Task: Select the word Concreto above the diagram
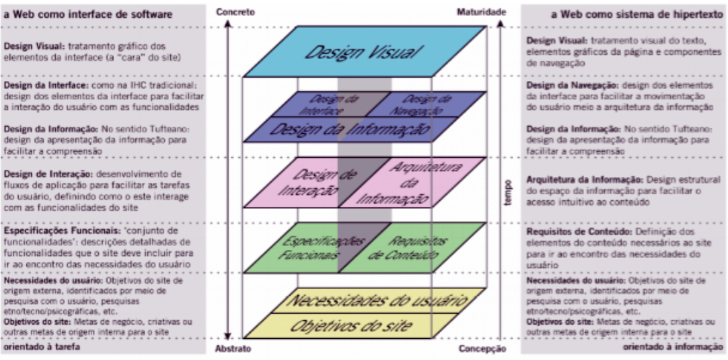235,12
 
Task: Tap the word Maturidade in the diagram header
481,12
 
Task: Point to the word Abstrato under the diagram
234,349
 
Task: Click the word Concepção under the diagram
482,349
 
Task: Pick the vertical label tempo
508,193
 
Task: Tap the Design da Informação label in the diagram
349,128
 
